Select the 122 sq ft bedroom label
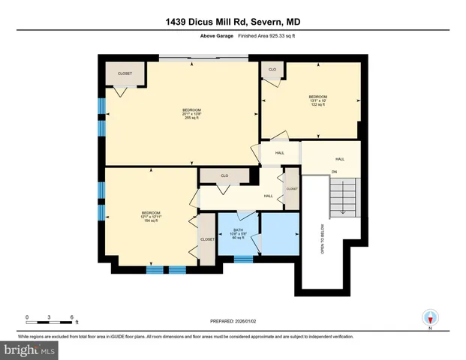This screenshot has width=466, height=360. coord(318,100)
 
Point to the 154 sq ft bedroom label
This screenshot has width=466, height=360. coord(151,217)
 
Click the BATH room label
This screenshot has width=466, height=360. coord(238,235)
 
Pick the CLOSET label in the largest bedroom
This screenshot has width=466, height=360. coord(125,73)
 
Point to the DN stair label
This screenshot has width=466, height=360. coord(335,172)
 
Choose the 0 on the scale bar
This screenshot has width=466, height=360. coord(27,316)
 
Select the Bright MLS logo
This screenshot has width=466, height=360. coord(29,349)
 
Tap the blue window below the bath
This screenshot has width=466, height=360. coord(243,259)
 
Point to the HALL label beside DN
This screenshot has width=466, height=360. coord(340,159)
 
